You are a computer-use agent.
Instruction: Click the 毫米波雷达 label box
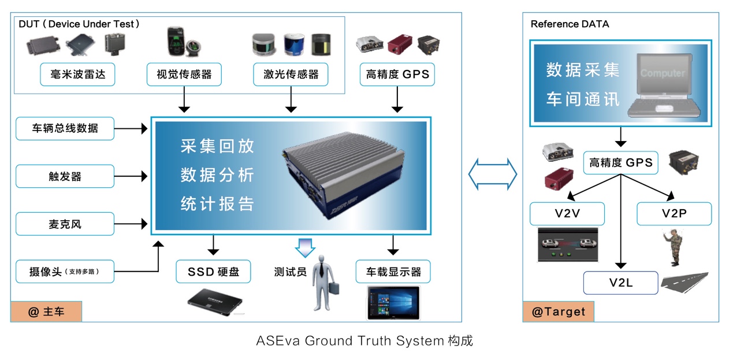click(77, 74)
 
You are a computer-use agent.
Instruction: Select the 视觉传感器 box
click(184, 74)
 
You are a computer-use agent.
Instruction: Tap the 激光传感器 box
click(291, 74)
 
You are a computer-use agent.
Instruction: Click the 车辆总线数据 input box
click(65, 128)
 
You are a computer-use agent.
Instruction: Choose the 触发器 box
click(65, 176)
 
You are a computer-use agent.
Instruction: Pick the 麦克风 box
click(65, 224)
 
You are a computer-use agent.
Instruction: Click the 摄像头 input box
click(65, 272)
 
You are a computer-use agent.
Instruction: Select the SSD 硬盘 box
click(213, 271)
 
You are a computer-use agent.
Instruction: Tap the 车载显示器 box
click(393, 271)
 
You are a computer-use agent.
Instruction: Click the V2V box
click(567, 213)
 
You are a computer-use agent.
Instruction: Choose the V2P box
click(674, 213)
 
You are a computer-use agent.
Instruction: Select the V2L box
click(620, 283)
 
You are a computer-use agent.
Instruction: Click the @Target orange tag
click(558, 312)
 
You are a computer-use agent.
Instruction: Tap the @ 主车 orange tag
click(46, 312)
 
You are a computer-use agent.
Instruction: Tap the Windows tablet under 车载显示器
click(393, 302)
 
